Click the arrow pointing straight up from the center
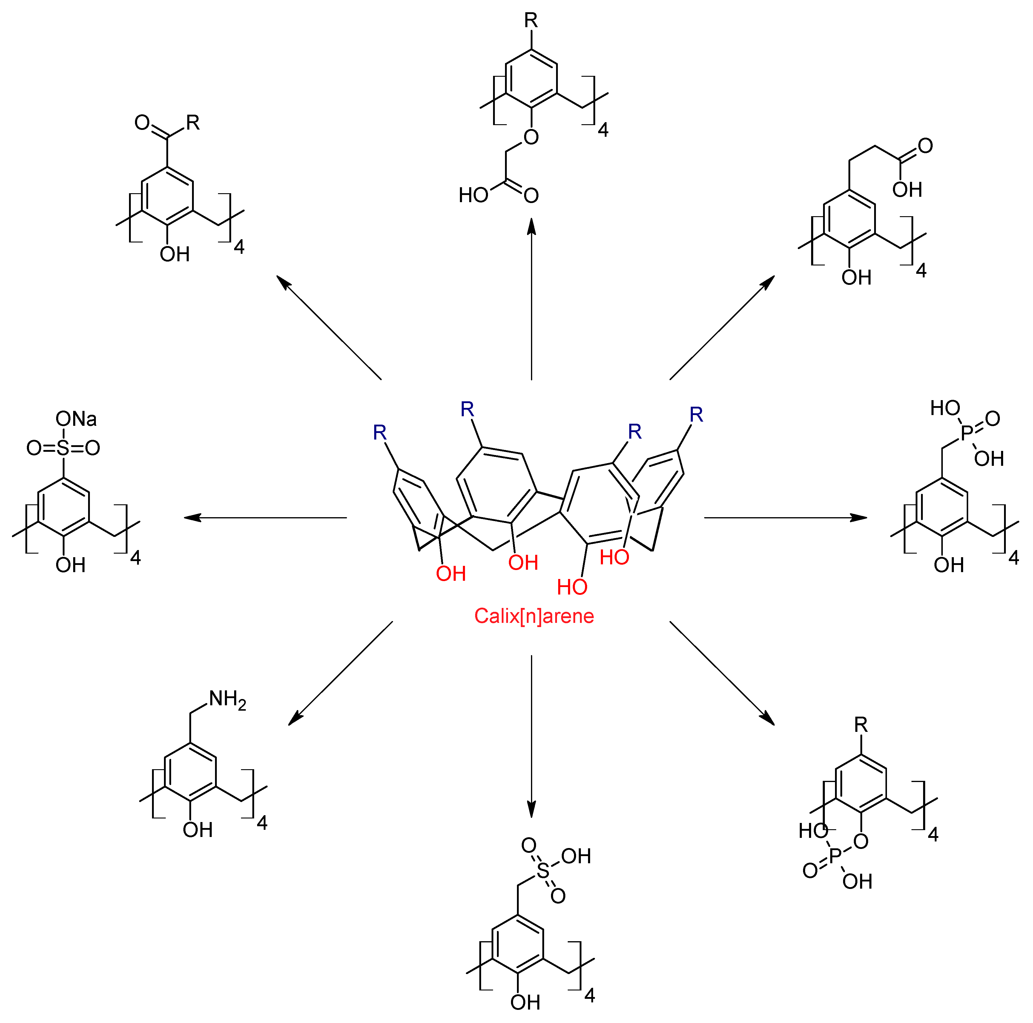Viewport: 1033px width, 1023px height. [x=532, y=299]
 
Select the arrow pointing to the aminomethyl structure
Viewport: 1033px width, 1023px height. [x=340, y=673]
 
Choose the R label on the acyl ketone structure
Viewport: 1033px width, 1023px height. [x=193, y=123]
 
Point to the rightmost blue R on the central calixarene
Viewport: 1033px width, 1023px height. [x=696, y=414]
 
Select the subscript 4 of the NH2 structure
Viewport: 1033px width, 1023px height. [x=262, y=823]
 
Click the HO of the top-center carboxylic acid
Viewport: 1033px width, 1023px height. [x=473, y=195]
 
